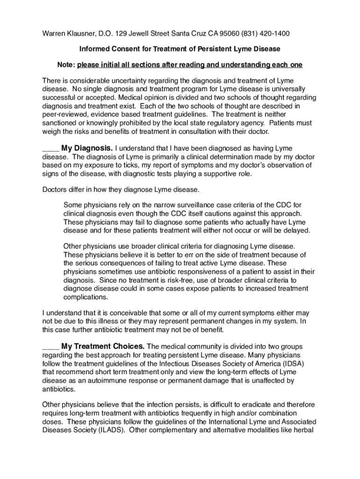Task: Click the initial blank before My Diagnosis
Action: tap(50, 149)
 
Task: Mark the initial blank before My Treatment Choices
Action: tap(50, 348)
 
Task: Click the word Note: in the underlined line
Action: tap(66, 64)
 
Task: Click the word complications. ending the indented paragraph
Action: tap(86, 297)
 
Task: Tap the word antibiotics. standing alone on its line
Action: tap(58, 389)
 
